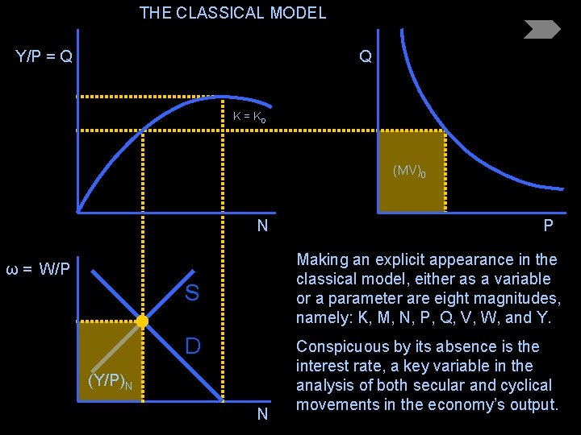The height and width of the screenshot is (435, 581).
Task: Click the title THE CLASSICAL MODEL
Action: click(x=232, y=13)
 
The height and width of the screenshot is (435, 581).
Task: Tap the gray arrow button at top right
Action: click(x=541, y=30)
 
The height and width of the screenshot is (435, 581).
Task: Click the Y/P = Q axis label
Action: click(x=44, y=56)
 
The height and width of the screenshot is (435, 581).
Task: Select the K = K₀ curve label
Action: click(x=249, y=117)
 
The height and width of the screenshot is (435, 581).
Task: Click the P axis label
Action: click(x=548, y=226)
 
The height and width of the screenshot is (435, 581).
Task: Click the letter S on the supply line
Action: click(x=191, y=293)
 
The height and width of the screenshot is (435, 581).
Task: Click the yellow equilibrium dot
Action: click(x=142, y=321)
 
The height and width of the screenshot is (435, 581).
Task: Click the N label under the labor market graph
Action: click(x=262, y=415)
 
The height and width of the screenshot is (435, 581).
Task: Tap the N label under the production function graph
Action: click(x=262, y=226)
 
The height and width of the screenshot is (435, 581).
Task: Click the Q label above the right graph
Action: click(x=366, y=57)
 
